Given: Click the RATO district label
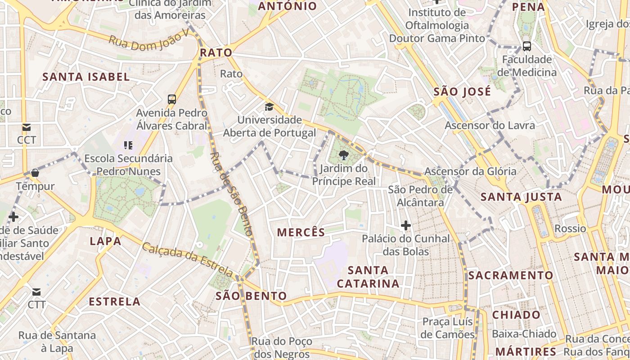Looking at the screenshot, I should coord(216,53).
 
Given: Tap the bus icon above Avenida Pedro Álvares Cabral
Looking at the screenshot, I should coord(171,99).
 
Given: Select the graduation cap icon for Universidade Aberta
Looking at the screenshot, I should coord(269,107).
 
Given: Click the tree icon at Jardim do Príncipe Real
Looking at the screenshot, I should coord(344,156).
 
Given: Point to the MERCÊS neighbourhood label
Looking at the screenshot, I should coord(301,232).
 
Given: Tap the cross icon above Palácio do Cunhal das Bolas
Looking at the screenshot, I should coord(406,225).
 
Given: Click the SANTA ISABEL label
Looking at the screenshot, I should coord(86,76).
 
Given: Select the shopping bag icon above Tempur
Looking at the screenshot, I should coord(35,173).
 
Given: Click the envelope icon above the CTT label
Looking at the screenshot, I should coord(36,292).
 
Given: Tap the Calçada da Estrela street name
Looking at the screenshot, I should coord(188,259).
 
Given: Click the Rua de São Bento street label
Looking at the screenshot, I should coord(231,194).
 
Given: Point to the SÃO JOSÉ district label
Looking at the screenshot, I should coord(462,92).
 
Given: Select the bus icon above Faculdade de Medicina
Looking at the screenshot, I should coord(526,46).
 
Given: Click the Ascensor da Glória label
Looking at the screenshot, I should coord(470,171).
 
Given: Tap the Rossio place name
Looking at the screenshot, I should coord(570,228).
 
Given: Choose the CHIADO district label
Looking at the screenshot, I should coord(516,315).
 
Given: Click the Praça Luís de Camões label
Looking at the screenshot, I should coord(448,328).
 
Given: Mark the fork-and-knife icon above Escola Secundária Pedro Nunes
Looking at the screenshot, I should coord(128,145).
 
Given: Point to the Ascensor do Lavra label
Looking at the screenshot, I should coord(490,125).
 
